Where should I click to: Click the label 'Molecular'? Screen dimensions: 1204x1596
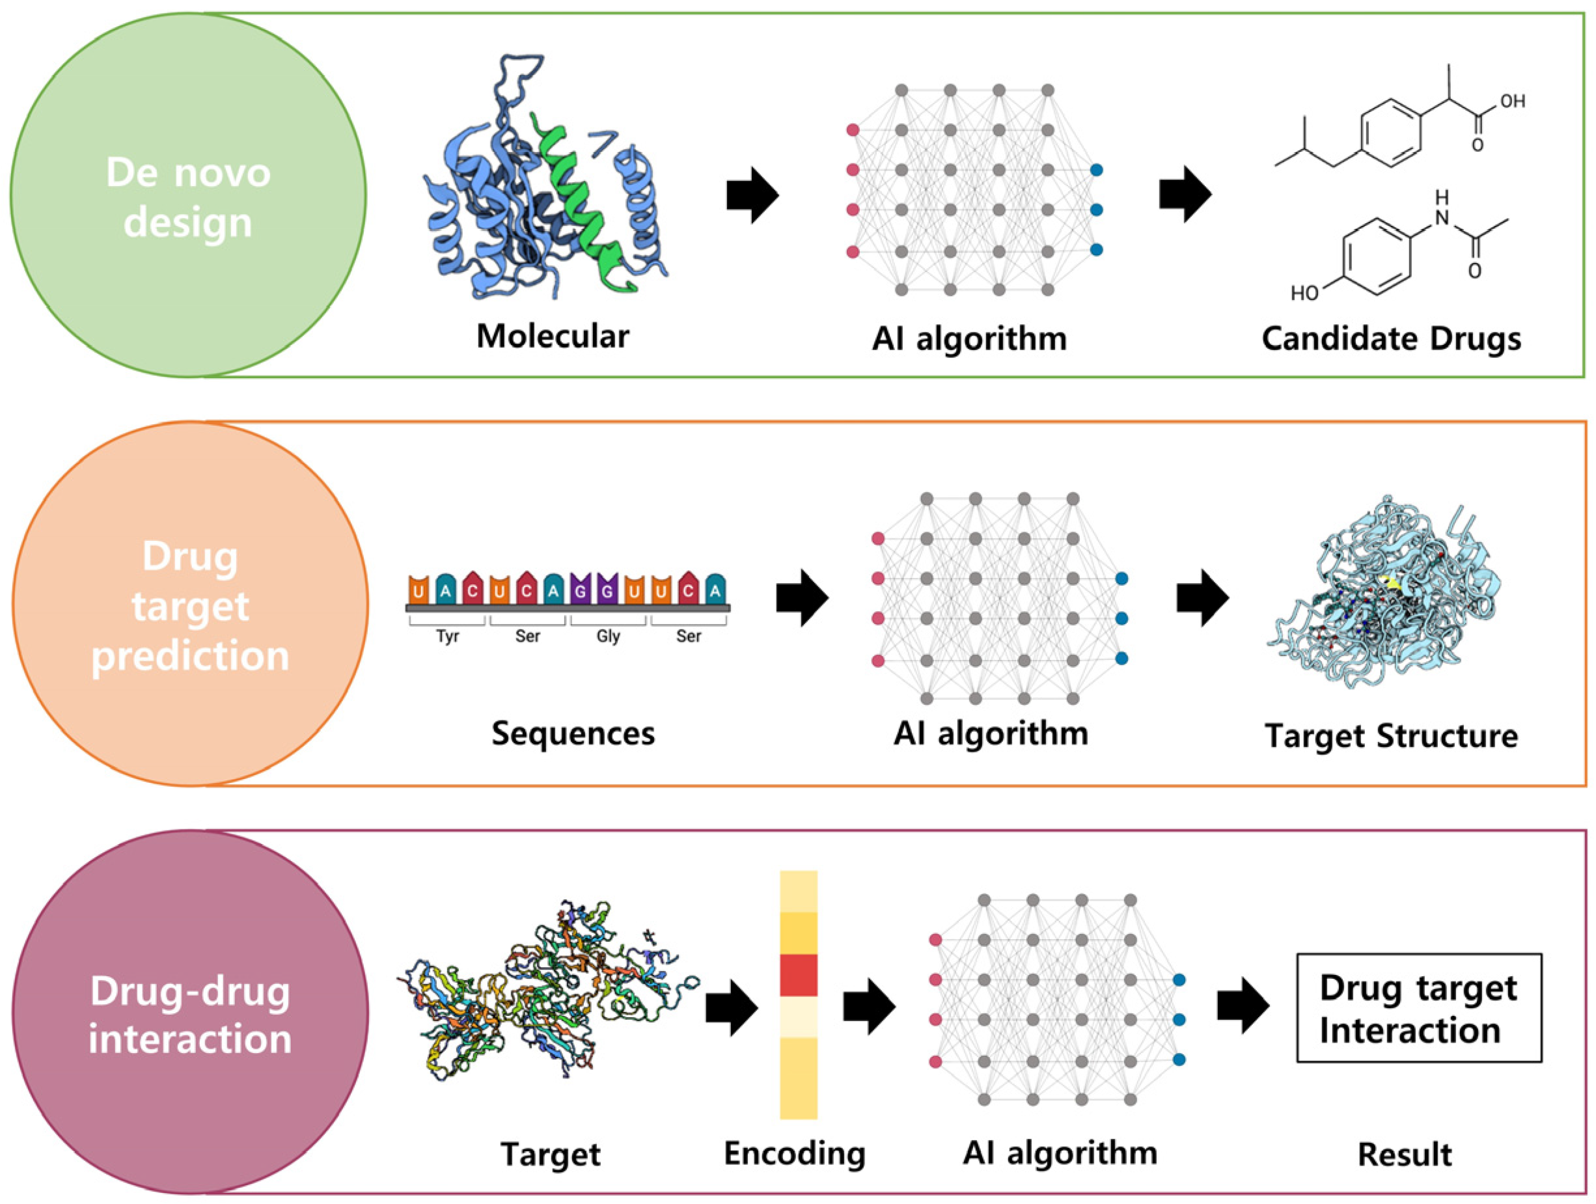(x=553, y=336)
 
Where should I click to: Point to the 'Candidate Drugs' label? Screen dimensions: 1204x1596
(x=1391, y=338)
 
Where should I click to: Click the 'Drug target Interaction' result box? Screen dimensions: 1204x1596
(x=1418, y=1009)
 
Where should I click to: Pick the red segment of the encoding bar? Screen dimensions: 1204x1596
(x=798, y=975)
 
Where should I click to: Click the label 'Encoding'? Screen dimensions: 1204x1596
(x=794, y=1153)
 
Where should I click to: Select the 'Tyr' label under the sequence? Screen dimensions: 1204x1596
(x=447, y=636)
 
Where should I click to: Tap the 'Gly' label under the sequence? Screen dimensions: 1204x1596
(x=608, y=636)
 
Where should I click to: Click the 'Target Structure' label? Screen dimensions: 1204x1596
(x=1391, y=737)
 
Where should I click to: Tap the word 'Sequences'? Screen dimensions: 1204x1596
(x=573, y=733)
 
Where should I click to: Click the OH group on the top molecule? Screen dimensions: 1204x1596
(x=1512, y=101)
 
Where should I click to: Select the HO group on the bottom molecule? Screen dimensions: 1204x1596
(x=1304, y=293)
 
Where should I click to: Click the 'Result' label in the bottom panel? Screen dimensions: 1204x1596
(x=1404, y=1155)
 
